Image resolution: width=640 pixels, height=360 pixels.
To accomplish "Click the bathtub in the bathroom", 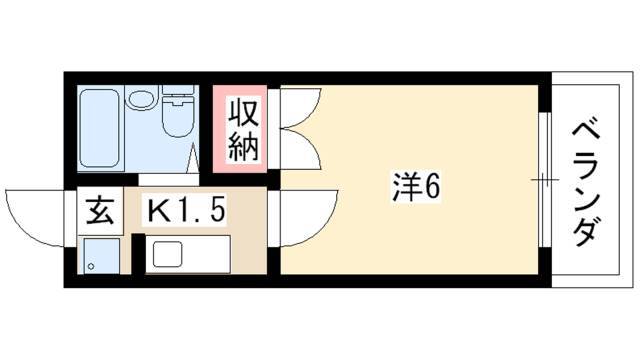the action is [100, 128].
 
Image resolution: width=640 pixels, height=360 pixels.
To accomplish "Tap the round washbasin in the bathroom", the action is [141, 99].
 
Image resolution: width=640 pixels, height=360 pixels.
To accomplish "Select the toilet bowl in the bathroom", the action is [178, 117].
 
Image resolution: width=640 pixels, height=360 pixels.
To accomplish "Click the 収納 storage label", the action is [243, 129].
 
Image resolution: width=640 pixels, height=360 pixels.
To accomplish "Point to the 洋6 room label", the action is [416, 187].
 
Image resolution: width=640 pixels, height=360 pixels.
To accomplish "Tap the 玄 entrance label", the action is [100, 211].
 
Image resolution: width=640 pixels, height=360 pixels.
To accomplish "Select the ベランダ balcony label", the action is [586, 184].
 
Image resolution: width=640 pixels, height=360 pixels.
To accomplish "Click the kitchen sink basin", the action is [167, 254].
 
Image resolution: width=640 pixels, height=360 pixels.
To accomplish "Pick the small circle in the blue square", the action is [91, 267].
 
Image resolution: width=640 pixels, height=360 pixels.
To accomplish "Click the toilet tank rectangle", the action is [178, 90].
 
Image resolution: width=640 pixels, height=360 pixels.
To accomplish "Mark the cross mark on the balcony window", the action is [544, 179].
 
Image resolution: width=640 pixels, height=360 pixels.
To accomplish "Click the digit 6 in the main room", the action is [432, 187].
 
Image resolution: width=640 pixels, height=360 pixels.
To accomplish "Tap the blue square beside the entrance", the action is [102, 256].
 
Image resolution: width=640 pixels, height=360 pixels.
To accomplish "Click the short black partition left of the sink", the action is [139, 253].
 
